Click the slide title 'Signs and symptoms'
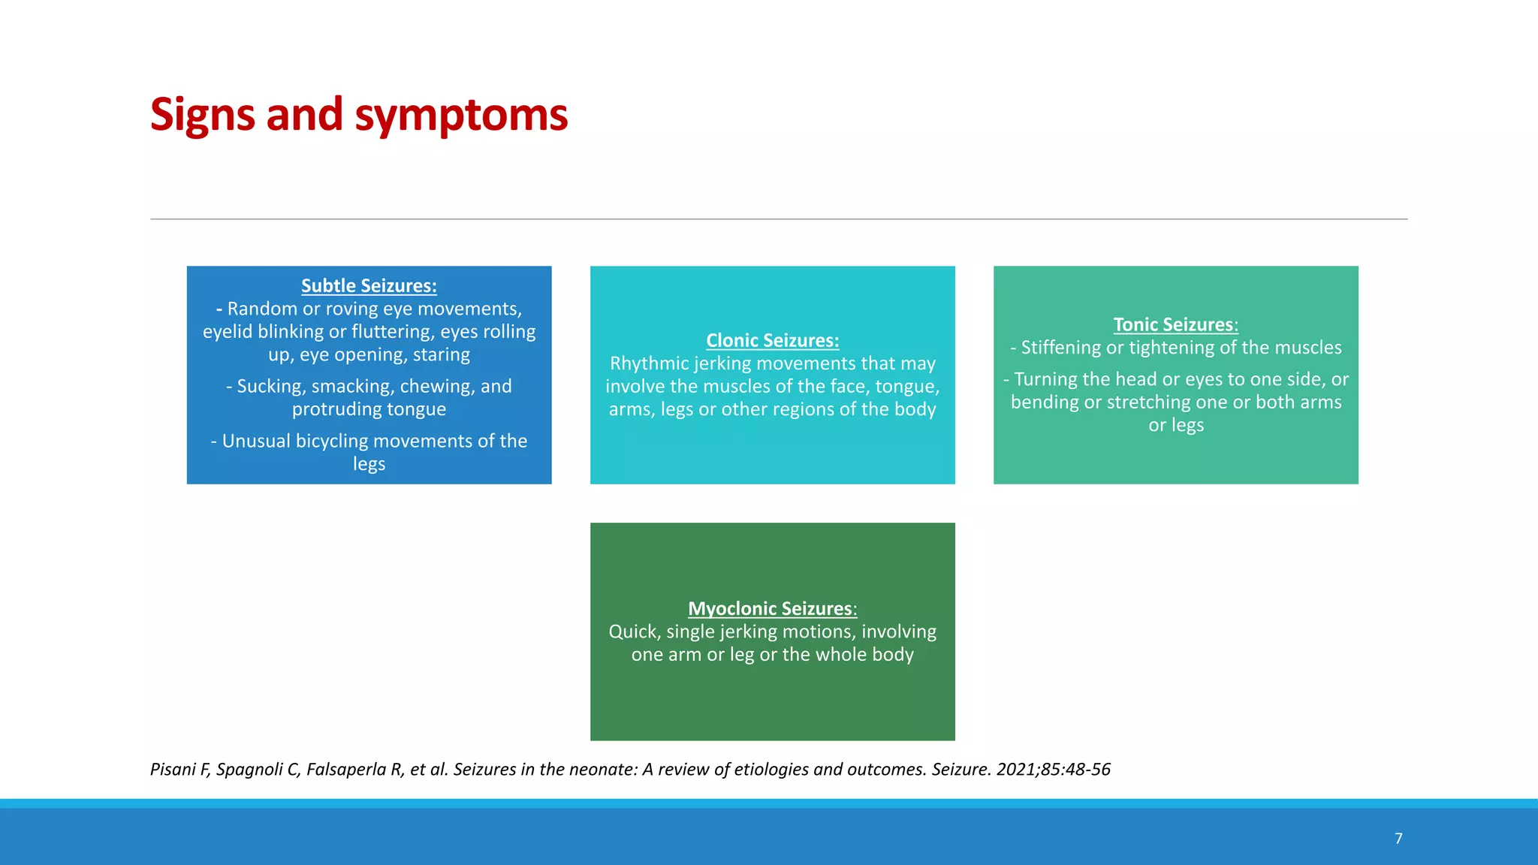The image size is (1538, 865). (x=359, y=115)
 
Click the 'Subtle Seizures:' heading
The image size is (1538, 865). (x=369, y=286)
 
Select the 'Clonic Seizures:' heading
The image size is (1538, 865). (x=772, y=341)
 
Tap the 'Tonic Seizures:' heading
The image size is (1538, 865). (x=1175, y=325)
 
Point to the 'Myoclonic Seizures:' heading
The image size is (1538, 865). (x=772, y=609)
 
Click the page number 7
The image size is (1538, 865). (x=1398, y=839)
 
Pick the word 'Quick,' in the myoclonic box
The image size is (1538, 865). (x=635, y=631)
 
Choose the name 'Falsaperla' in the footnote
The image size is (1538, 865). (x=345, y=770)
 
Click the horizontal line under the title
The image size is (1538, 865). (x=779, y=219)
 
